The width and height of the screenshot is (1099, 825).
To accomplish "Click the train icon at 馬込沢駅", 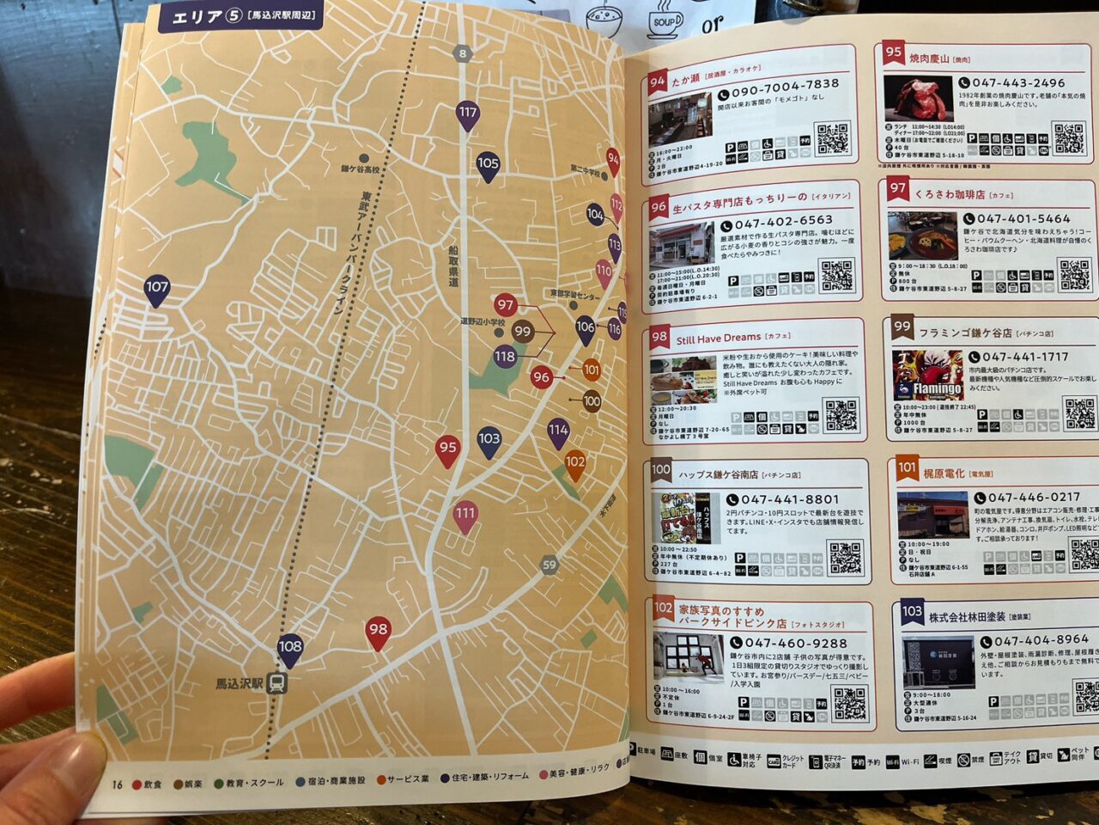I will click(x=276, y=683).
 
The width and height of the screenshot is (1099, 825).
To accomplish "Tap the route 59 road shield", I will click(x=549, y=565).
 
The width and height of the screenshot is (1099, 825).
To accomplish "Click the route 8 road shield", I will click(x=463, y=53).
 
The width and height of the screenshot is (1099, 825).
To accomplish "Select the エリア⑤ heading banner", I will click(x=241, y=15).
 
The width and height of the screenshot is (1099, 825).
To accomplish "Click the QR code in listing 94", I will click(x=831, y=137).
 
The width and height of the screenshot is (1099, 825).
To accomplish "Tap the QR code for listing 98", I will click(x=841, y=415).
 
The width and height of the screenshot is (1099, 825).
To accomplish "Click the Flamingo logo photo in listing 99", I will click(x=927, y=376).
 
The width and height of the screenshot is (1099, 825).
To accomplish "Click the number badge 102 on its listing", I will click(x=663, y=608).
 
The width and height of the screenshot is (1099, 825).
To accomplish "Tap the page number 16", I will click(x=118, y=784).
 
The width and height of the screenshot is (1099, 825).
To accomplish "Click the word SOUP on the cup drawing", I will click(x=665, y=23).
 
